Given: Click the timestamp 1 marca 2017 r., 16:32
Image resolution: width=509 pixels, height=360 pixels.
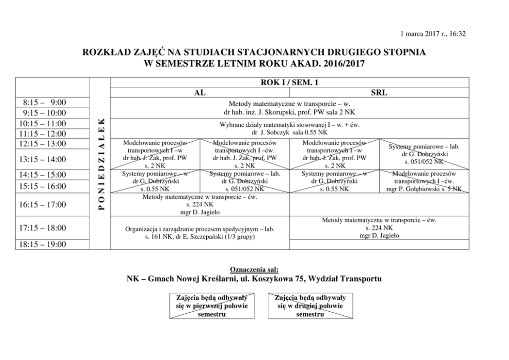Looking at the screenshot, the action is [x=433, y=34].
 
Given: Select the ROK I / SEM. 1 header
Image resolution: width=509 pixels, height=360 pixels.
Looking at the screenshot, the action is [x=290, y=82].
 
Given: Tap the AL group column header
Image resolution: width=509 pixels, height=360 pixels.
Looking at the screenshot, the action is [x=200, y=92].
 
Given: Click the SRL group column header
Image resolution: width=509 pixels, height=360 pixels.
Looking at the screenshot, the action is [x=379, y=92].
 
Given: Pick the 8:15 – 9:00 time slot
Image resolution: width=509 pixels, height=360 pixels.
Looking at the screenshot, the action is [x=45, y=102].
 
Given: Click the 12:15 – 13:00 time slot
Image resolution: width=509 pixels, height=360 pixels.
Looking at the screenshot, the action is [x=45, y=143].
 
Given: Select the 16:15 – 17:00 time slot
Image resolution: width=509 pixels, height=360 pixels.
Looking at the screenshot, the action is [x=45, y=205].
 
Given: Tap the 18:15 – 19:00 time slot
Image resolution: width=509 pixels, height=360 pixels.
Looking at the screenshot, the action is [x=45, y=244].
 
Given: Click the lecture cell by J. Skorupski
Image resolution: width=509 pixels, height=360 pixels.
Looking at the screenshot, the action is [x=290, y=107].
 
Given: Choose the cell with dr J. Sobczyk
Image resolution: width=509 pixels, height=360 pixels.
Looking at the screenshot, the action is [x=290, y=128].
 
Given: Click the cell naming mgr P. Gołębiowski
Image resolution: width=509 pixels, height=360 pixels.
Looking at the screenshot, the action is [x=424, y=181].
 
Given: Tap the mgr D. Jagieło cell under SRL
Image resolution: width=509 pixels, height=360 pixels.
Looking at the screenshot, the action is [x=379, y=228].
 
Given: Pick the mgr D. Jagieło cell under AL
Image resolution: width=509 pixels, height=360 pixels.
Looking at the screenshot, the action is [x=200, y=204].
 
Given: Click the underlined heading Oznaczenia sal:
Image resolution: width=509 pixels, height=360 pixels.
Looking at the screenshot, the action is [x=254, y=269].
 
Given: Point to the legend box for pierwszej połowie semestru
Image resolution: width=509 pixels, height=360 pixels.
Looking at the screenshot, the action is [x=211, y=306].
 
